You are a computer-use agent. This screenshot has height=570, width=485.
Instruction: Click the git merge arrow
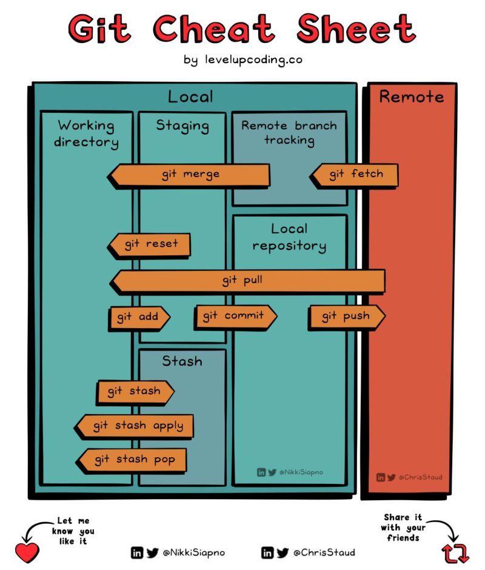pos(189,175)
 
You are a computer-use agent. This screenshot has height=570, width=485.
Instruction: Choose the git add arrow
pos(138,317)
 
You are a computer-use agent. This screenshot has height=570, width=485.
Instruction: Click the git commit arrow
pos(235,316)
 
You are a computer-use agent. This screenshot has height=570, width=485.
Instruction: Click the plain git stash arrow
pos(135,392)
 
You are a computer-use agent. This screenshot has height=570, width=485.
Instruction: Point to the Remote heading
pos(412,97)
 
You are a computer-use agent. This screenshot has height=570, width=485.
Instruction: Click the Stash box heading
pos(182,361)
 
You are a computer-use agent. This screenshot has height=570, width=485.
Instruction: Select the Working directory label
pos(86,134)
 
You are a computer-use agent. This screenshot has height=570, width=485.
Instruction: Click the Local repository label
pos(289,237)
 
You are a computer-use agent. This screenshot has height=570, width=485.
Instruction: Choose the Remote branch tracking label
pos(289,133)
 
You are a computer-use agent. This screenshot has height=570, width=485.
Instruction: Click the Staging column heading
pos(182,126)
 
